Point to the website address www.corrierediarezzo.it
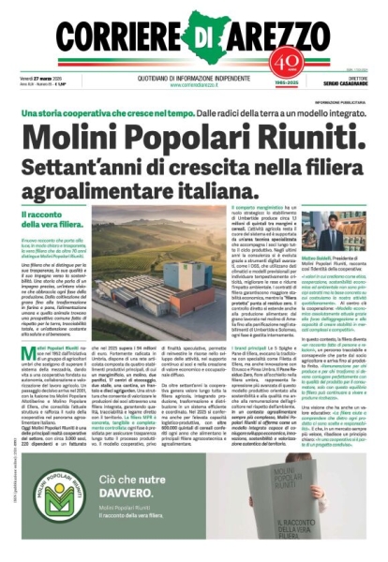point(194,85)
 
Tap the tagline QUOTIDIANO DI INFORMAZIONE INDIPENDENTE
point(194,78)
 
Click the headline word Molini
point(79,126)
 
